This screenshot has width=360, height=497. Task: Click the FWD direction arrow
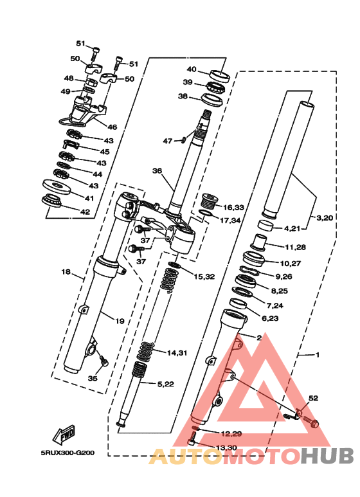point(64,434)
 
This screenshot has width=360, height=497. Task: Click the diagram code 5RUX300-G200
point(67,453)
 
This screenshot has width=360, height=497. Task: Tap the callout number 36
point(157,171)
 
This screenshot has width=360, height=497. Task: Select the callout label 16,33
point(233,208)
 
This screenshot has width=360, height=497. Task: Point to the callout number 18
point(66,272)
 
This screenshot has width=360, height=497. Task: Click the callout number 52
point(313,398)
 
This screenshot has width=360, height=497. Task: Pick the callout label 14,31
point(177,353)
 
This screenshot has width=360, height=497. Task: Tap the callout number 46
point(113,127)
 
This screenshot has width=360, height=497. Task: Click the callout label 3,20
point(324,218)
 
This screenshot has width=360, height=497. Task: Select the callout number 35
point(93,379)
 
